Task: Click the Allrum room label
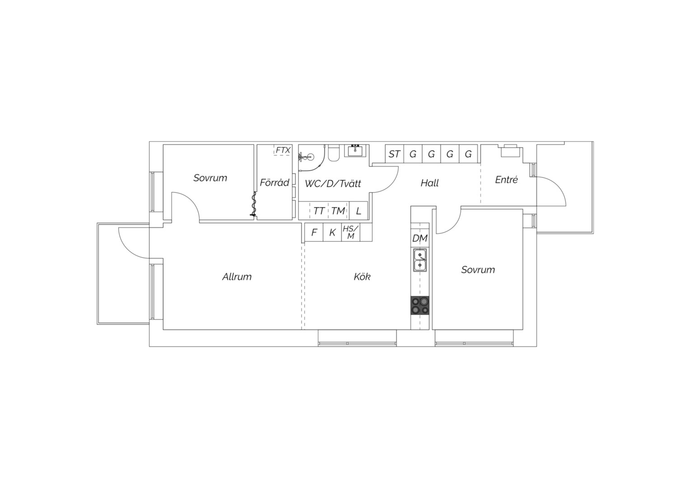pyautogui.click(x=237, y=277)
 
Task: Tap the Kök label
pyautogui.click(x=362, y=277)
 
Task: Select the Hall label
pyautogui.click(x=429, y=183)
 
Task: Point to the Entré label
pyautogui.click(x=506, y=179)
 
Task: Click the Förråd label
pyautogui.click(x=274, y=183)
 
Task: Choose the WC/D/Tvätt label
pyautogui.click(x=333, y=184)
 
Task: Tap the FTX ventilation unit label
pyautogui.click(x=283, y=150)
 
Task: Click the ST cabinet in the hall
pyautogui.click(x=394, y=154)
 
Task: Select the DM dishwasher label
pyautogui.click(x=420, y=238)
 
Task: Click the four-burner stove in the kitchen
pyautogui.click(x=420, y=305)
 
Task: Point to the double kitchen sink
pyautogui.click(x=420, y=260)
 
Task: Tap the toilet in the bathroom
pyautogui.click(x=333, y=153)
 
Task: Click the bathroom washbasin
pyautogui.click(x=356, y=151)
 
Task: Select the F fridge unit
pyautogui.click(x=314, y=232)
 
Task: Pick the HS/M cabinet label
pyautogui.click(x=350, y=232)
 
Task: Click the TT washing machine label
pyautogui.click(x=319, y=211)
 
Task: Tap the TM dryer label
pyautogui.click(x=338, y=211)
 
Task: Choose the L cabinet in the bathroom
pyautogui.click(x=359, y=211)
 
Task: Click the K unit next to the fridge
pyautogui.click(x=332, y=232)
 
